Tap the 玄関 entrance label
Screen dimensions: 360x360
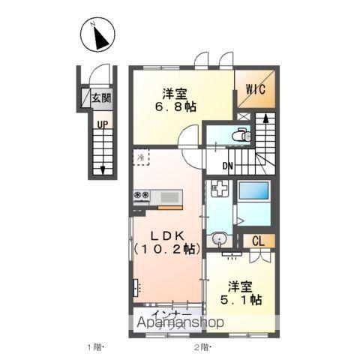tap(100, 98)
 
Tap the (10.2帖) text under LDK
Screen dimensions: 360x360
tap(166, 247)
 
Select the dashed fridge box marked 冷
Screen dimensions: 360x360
tap(141, 157)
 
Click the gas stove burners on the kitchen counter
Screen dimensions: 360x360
tap(142, 196)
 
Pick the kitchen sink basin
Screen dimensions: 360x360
tap(169, 197)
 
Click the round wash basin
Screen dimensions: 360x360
tap(218, 240)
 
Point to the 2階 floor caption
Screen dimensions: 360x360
tap(202, 347)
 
